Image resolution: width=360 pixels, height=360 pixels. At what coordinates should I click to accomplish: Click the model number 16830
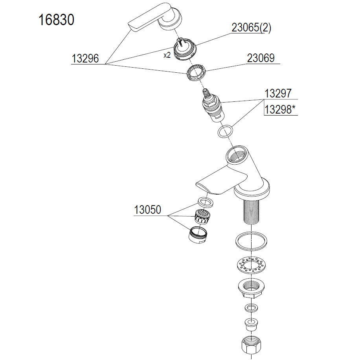(56, 20)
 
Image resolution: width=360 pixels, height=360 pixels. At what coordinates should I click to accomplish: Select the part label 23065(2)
(251, 28)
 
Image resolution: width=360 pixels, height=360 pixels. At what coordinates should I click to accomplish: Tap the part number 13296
(85, 58)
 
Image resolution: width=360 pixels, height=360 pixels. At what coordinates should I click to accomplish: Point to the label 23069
(261, 58)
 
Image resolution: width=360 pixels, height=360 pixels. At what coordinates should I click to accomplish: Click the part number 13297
(278, 94)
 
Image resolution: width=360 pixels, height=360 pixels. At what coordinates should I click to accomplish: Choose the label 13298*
(280, 110)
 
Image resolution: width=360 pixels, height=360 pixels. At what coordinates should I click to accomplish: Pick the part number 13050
(147, 209)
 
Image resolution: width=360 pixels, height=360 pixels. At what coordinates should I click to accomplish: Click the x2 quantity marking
(167, 55)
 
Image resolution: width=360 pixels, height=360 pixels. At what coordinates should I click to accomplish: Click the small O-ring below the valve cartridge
(225, 131)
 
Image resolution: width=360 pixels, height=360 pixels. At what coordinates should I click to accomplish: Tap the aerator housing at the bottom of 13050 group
(198, 234)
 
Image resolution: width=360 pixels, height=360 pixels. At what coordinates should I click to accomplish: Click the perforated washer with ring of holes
(251, 265)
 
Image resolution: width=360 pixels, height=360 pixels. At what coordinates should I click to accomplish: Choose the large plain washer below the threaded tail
(252, 241)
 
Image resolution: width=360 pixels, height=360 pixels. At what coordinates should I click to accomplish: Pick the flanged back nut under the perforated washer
(252, 288)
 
